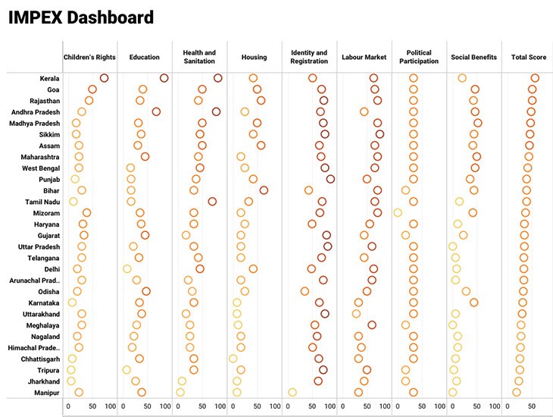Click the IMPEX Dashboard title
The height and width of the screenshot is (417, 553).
[x=81, y=17]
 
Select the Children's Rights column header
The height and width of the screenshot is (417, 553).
[x=89, y=58]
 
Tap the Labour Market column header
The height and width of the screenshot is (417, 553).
[x=363, y=58]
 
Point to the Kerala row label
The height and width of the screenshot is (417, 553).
[x=50, y=78]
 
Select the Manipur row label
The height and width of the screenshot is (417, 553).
[x=47, y=392]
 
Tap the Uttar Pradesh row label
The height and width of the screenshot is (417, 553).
[x=39, y=246]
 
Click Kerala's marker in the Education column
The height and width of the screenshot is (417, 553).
[x=164, y=78]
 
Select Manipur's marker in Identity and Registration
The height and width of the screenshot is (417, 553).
[x=292, y=392]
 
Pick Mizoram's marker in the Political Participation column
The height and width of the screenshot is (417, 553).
[x=398, y=213]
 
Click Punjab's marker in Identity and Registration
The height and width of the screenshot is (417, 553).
[x=330, y=179]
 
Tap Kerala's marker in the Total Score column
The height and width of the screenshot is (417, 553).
[x=535, y=78]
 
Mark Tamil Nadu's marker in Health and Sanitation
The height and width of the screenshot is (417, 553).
[x=213, y=202]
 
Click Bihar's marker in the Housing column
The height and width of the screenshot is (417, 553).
[x=264, y=190]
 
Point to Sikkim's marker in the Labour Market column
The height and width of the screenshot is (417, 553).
[x=380, y=134]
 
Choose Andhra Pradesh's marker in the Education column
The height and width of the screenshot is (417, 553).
[x=156, y=111]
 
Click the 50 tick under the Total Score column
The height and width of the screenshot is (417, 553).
[x=532, y=406]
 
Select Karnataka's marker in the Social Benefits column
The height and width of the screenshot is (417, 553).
[x=474, y=303]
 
